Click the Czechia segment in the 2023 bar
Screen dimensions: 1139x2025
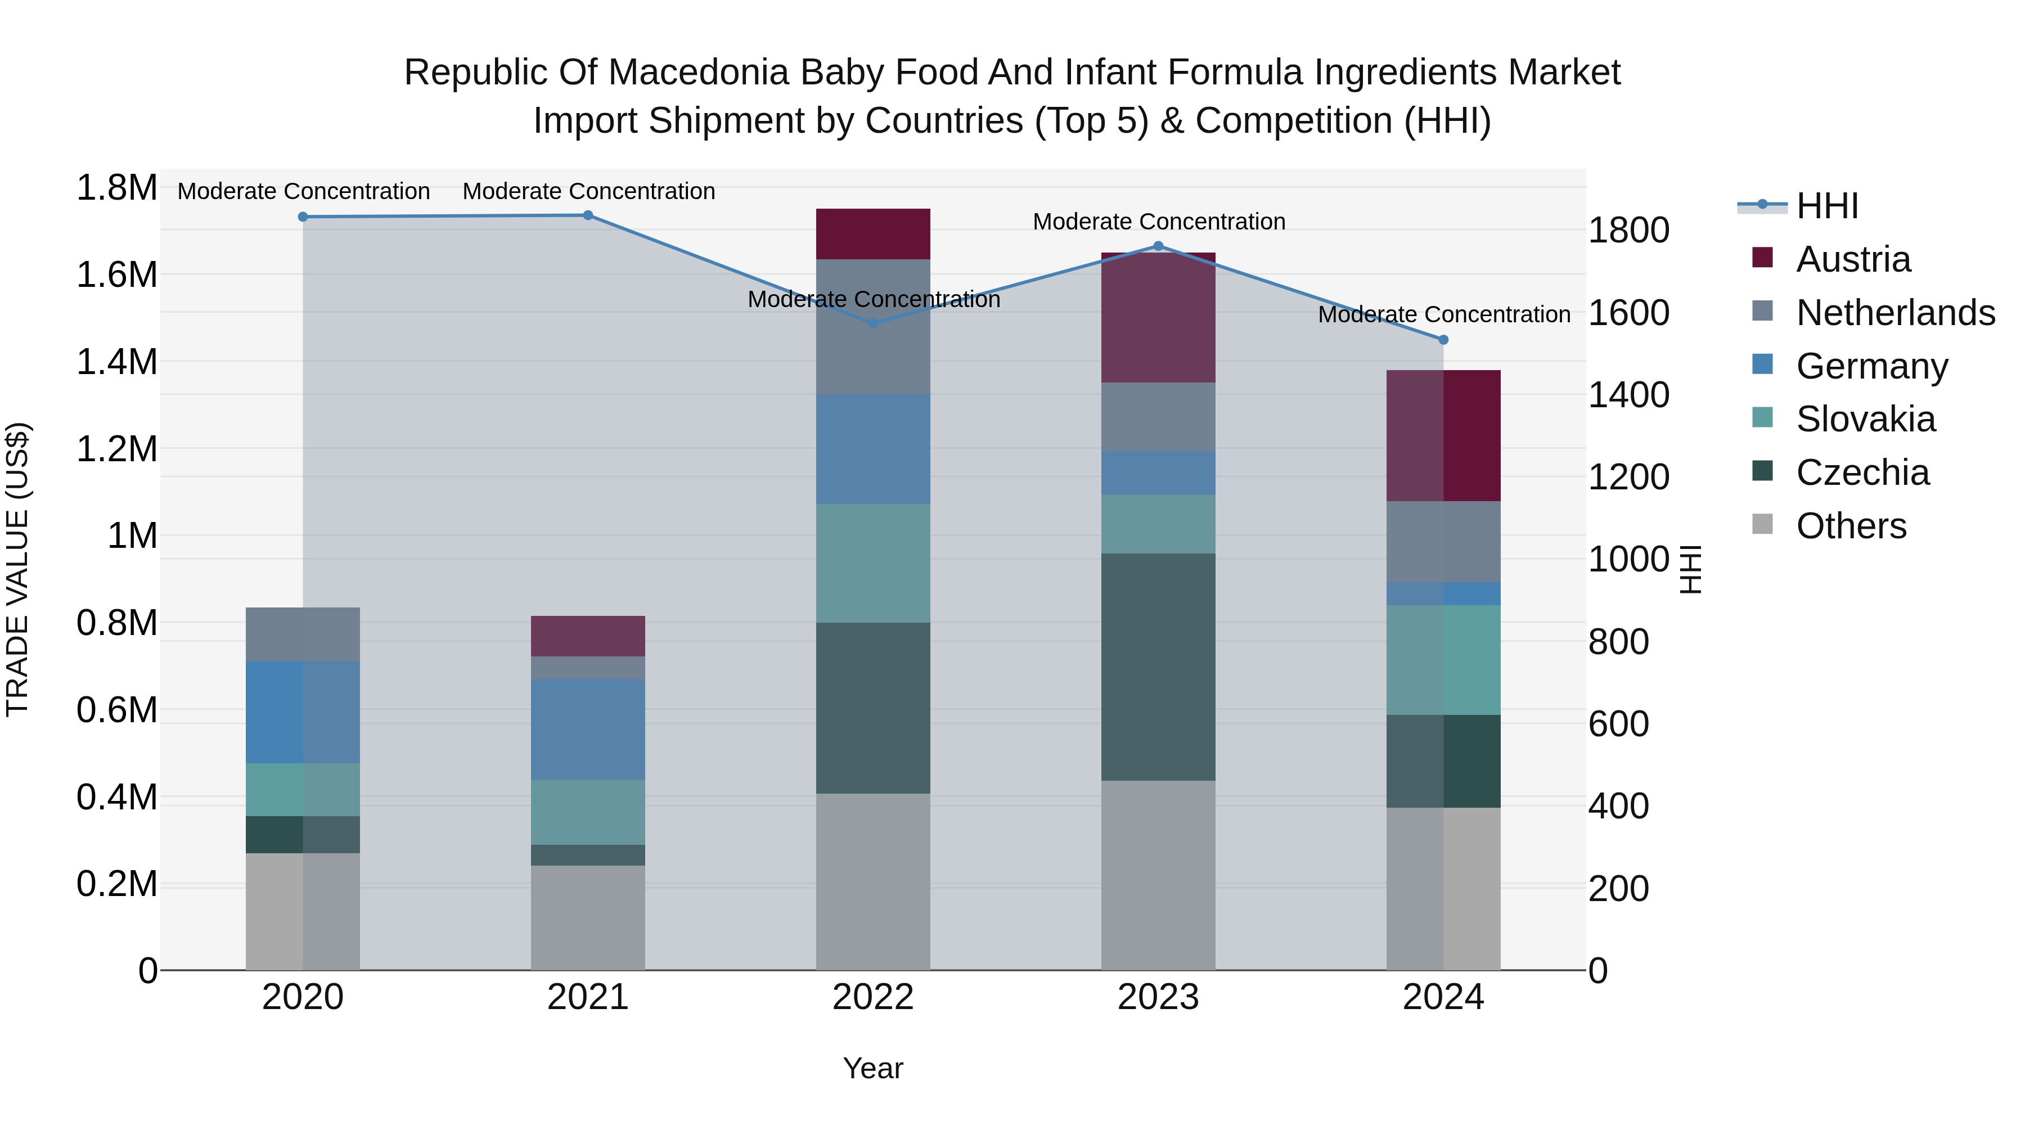pyautogui.click(x=1158, y=667)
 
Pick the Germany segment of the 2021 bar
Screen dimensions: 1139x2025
pyautogui.click(x=588, y=730)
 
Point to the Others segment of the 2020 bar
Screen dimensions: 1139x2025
pyautogui.click(x=303, y=911)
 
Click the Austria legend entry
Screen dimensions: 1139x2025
pyautogui.click(x=1853, y=259)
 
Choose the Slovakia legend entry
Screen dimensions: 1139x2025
pyautogui.click(x=1865, y=419)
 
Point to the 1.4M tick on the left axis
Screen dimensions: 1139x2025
pyautogui.click(x=116, y=362)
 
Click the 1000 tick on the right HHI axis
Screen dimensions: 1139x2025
pyautogui.click(x=1628, y=560)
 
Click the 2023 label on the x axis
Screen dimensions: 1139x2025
pyautogui.click(x=1158, y=997)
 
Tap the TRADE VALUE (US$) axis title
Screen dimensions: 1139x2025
pyautogui.click(x=17, y=569)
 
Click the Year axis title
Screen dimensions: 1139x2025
pyautogui.click(x=872, y=1068)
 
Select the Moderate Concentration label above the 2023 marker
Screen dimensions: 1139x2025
pyautogui.click(x=1159, y=222)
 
